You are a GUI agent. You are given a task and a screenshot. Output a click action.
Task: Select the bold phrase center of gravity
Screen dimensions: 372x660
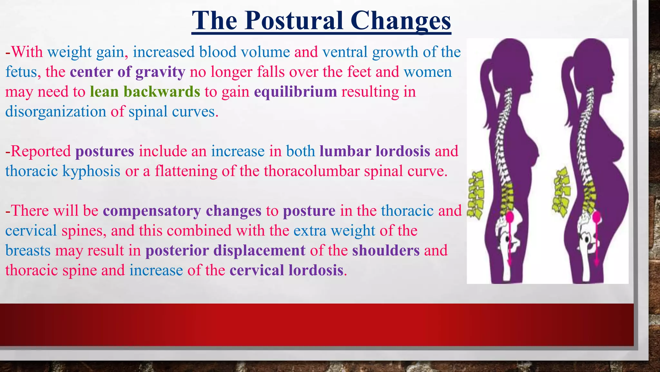127,72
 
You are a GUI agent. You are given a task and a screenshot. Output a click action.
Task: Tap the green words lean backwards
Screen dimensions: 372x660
145,92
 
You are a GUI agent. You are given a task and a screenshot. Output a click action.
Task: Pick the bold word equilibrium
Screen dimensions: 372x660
295,92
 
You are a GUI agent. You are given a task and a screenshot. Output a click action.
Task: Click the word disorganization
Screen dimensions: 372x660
55,112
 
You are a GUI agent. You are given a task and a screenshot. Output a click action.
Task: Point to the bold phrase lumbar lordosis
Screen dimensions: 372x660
374,151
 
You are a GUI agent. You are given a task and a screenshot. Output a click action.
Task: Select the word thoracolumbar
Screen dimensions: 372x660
311,171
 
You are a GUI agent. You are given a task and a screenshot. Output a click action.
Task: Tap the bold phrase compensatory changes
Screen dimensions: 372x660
182,211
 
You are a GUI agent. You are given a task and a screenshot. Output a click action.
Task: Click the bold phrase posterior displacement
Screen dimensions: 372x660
225,251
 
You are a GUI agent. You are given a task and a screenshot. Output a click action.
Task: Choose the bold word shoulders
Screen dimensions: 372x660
385,251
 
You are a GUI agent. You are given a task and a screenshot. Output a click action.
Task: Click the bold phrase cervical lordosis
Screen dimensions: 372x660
286,270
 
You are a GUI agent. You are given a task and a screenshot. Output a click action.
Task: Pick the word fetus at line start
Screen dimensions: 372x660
21,72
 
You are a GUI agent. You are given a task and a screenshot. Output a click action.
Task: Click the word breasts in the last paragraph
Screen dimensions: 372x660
28,251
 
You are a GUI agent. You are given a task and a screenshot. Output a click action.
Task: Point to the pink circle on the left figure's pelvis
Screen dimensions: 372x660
510,217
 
